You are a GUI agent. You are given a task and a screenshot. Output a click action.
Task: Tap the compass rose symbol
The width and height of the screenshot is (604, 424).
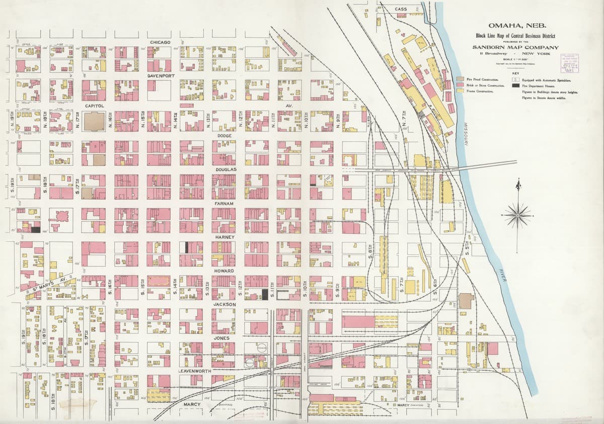517,215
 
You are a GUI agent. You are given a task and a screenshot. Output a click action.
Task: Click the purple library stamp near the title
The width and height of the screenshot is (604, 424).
569,62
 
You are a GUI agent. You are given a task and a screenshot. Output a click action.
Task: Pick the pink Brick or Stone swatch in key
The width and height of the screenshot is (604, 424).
460,86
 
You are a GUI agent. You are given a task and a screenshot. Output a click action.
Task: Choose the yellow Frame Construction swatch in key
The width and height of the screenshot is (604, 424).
460,92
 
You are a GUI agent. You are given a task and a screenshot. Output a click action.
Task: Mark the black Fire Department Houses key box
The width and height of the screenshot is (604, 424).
515,86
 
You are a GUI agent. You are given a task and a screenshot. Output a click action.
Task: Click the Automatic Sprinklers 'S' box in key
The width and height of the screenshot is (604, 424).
515,79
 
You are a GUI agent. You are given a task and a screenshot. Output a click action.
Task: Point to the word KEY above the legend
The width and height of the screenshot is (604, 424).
517,72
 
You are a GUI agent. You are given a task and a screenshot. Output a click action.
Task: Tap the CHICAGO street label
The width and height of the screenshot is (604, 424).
160,42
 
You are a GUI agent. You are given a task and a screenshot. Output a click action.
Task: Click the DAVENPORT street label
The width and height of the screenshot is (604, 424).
161,75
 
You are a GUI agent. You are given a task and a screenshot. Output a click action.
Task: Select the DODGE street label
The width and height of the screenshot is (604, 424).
224,136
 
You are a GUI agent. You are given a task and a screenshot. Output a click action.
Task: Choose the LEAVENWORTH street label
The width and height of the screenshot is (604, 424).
194,371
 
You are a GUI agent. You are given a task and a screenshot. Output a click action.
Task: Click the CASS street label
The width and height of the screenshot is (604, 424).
401,9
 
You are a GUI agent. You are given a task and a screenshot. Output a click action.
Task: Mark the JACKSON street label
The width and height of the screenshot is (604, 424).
224,304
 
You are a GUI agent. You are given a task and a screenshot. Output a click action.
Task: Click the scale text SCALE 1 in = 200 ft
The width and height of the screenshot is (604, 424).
517,59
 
